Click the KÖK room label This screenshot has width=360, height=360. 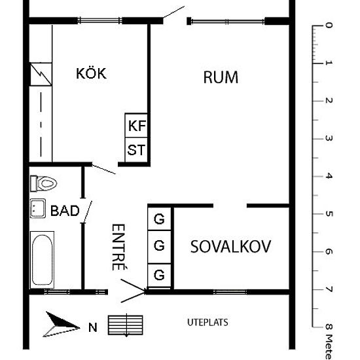[x=91, y=73]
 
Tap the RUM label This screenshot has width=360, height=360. [x=221, y=77]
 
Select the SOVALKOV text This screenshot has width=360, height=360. [x=230, y=247]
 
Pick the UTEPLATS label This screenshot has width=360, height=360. [x=208, y=323]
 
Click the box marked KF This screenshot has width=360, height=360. [x=136, y=125]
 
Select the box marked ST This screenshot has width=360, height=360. [x=136, y=150]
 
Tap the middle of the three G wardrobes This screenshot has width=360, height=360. [x=159, y=247]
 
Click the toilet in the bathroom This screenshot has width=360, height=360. [x=44, y=183]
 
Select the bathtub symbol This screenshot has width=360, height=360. [x=42, y=259]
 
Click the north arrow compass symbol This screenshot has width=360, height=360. [x=62, y=324]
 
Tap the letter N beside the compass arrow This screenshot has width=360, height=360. [x=92, y=327]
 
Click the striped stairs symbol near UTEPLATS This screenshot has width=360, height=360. [x=125, y=325]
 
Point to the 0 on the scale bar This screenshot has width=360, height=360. [x=329, y=26]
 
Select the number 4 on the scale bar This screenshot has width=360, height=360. [x=329, y=176]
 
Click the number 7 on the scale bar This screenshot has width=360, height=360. [x=329, y=289]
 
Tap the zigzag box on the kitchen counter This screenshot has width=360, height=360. [x=40, y=73]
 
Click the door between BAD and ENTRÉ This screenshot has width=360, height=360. [x=85, y=211]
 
